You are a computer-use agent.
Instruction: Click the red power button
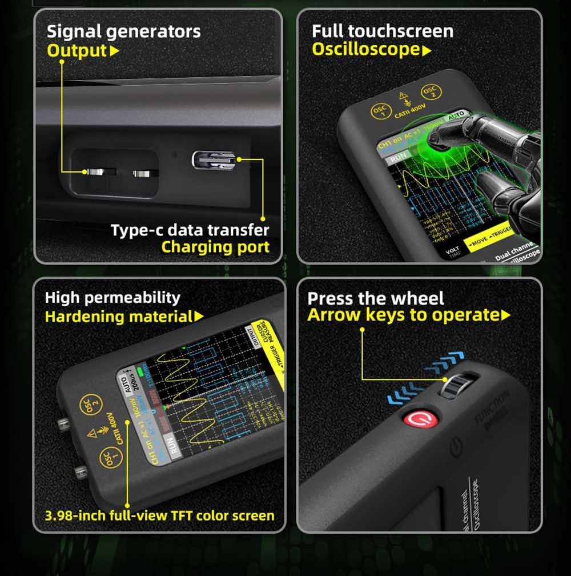click(421, 419)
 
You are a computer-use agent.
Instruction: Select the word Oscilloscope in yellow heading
click(366, 50)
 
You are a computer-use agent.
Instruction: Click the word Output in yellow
click(77, 50)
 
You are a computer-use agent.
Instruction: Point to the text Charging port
click(215, 247)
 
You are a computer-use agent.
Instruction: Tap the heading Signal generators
click(123, 31)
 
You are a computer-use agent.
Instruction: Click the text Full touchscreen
click(383, 31)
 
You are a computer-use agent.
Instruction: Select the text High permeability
click(112, 297)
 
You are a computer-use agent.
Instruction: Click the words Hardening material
click(119, 316)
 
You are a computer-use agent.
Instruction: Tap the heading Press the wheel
click(376, 298)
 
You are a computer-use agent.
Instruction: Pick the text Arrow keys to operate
click(403, 315)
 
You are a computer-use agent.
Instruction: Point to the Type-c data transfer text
click(190, 230)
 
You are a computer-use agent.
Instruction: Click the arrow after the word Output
click(114, 51)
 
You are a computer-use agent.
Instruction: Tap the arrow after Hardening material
click(199, 316)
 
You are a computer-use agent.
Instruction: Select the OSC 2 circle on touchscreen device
click(429, 93)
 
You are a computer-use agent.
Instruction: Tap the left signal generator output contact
click(95, 172)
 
